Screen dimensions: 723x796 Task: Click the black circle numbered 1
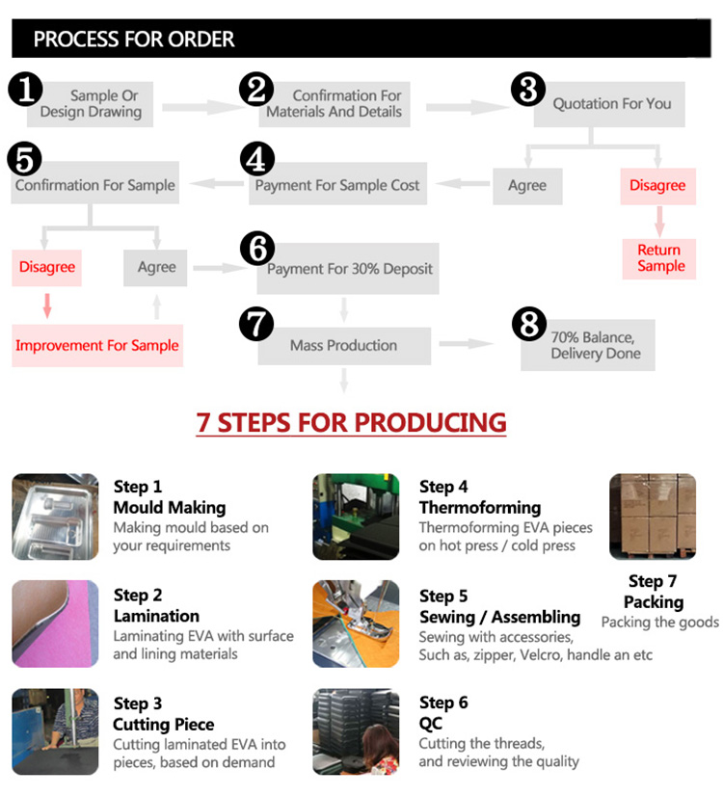25,89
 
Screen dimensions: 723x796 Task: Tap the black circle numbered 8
529,324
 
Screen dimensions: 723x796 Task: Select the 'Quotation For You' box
609,104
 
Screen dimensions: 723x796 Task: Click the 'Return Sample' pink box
659,259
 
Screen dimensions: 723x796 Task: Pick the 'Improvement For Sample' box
97,346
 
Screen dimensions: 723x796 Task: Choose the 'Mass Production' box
344,346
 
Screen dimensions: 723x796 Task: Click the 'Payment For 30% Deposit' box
348,269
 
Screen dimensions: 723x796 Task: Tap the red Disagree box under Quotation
658,186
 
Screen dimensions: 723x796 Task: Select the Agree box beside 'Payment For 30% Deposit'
155,268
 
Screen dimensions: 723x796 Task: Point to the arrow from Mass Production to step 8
466,344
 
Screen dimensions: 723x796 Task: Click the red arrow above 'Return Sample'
659,222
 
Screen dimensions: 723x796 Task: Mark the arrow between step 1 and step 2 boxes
202,107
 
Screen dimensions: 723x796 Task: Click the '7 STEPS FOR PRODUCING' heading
351,423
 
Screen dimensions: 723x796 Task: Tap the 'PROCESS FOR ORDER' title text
134,40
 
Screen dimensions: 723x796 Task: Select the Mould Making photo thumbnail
55,517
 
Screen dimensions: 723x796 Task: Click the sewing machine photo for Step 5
356,624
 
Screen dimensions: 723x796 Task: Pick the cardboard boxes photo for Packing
653,517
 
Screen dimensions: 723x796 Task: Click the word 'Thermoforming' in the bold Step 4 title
480,508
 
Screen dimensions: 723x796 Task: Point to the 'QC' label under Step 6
431,724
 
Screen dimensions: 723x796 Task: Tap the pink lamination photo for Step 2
55,624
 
